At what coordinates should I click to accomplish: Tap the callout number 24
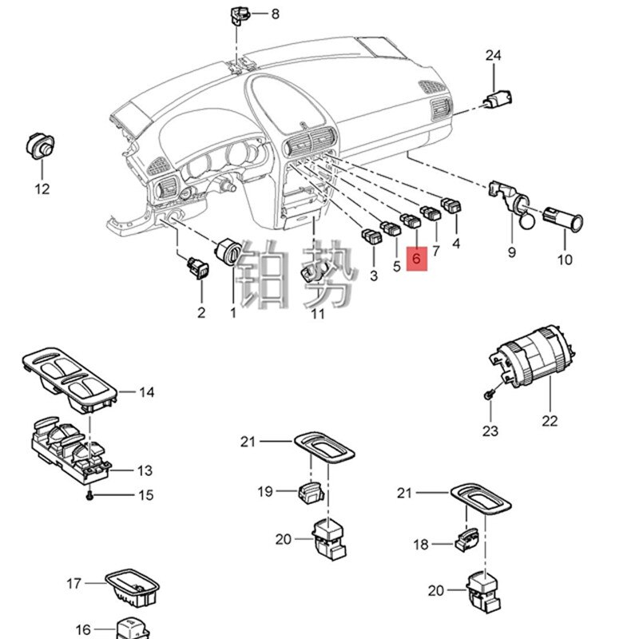(x=493, y=55)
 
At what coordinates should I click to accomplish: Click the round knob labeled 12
(x=40, y=146)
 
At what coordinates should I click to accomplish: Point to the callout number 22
(x=550, y=421)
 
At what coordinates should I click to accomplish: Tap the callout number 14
(x=146, y=392)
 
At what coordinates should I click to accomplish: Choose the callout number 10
(x=565, y=260)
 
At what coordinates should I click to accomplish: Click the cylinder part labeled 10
(x=563, y=216)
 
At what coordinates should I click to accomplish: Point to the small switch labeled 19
(x=312, y=494)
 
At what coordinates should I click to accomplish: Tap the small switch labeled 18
(x=466, y=542)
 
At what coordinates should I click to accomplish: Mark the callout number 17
(x=73, y=585)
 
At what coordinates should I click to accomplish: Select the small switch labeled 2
(x=196, y=268)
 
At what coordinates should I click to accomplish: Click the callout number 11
(x=318, y=314)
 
